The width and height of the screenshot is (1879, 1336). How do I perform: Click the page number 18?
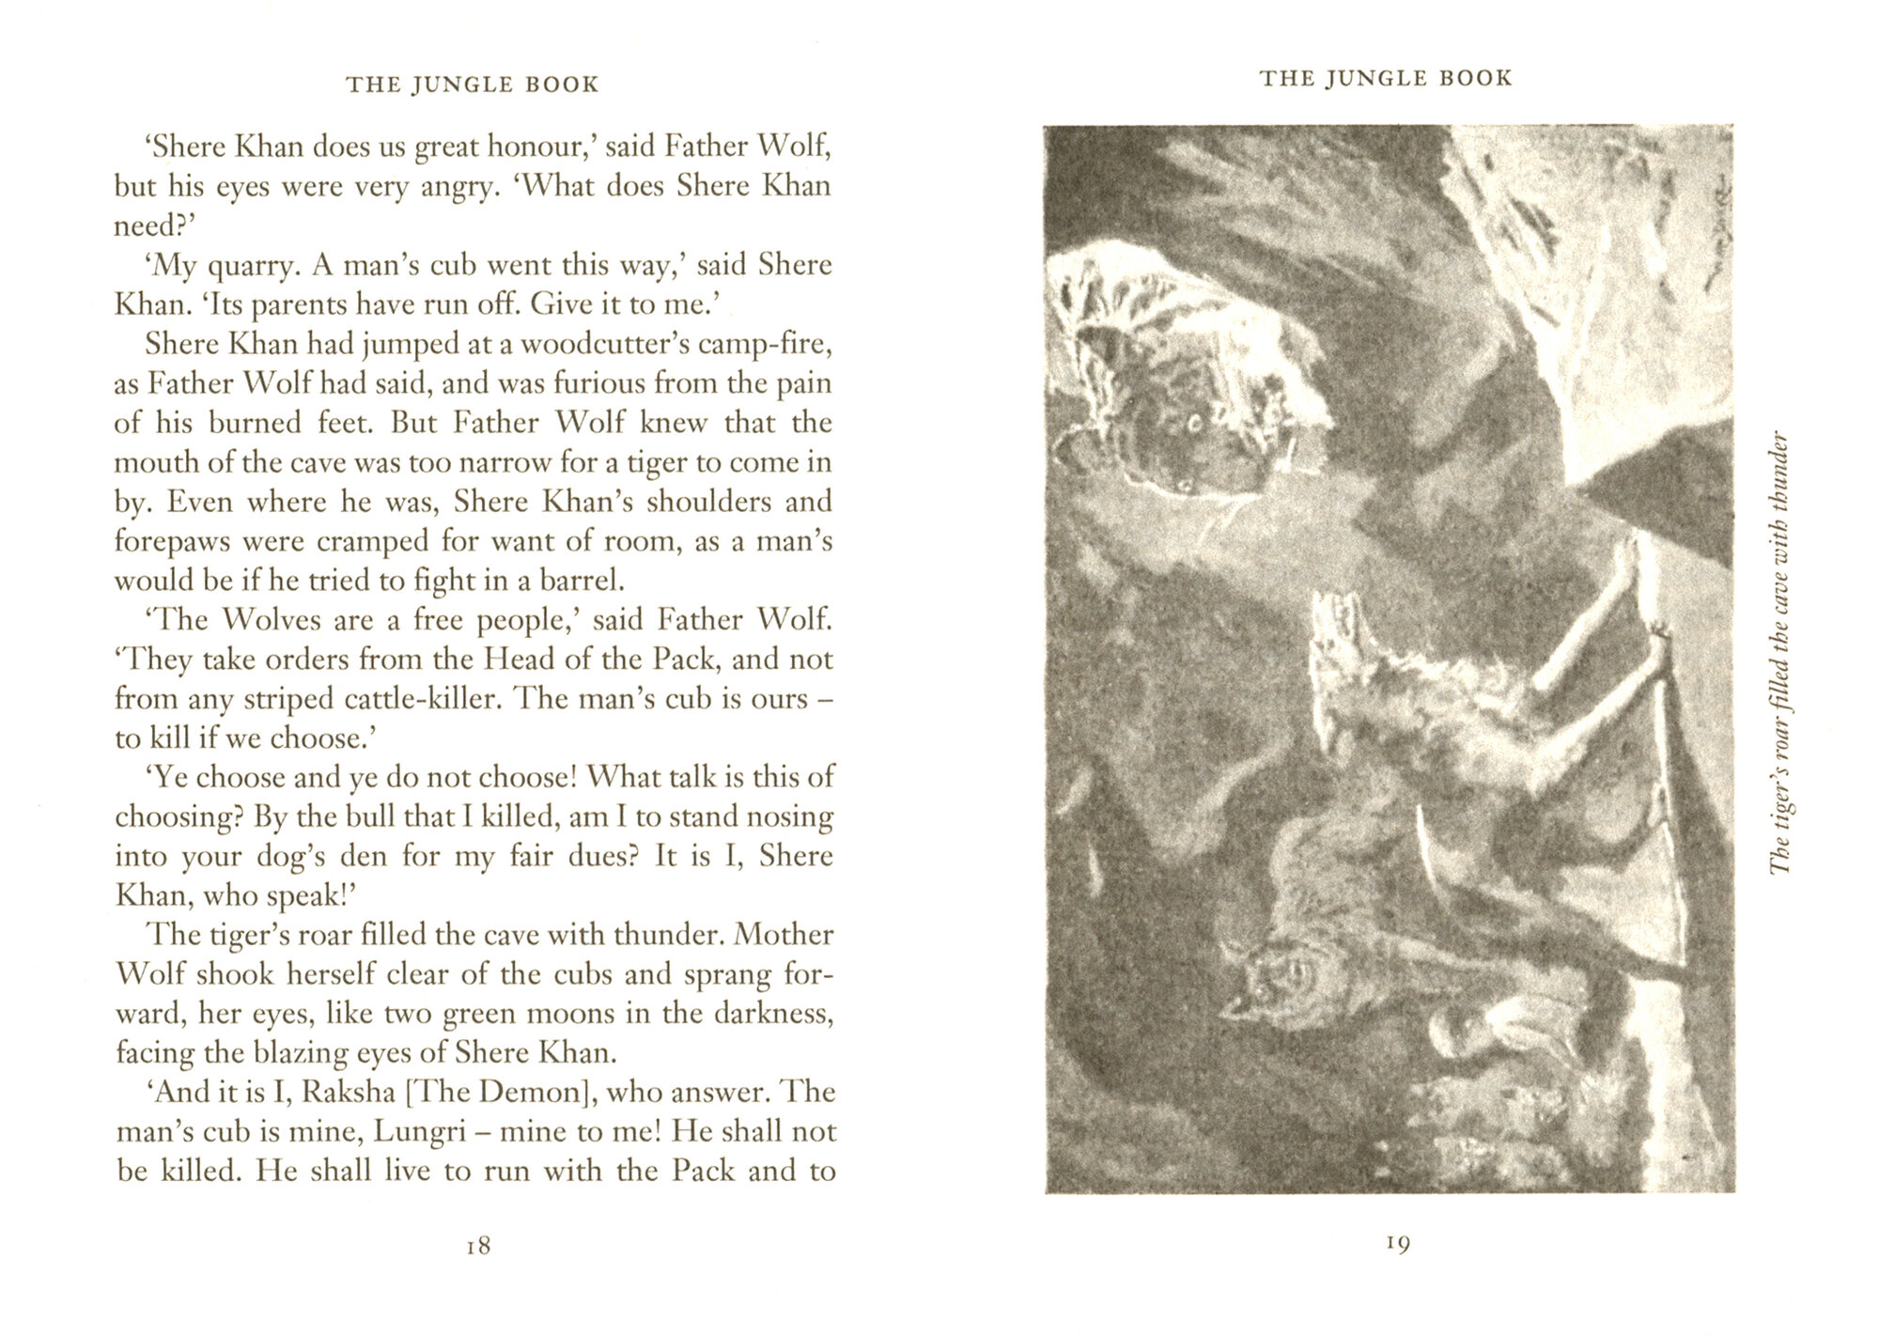click(478, 1246)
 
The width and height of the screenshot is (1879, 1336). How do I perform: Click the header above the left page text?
click(472, 85)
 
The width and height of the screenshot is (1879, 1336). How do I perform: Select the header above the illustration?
click(1386, 78)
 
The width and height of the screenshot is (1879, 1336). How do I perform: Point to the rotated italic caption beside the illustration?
click(1779, 653)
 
